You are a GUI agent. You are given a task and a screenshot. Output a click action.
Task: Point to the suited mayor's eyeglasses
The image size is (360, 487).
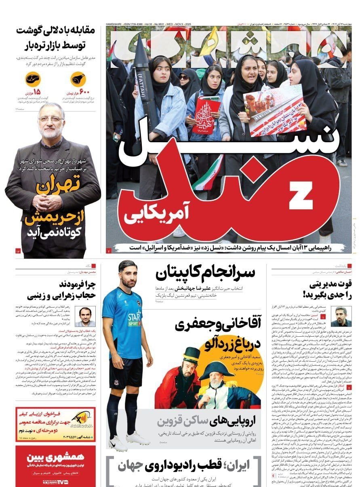point(51,120)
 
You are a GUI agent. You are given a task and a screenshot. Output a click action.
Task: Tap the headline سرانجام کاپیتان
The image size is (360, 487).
point(205,274)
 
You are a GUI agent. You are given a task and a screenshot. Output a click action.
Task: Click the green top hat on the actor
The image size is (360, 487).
point(192,356)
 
